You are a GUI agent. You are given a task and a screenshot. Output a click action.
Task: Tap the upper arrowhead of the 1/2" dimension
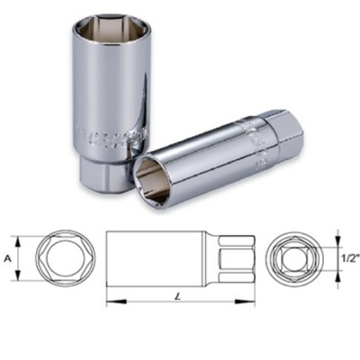[x=338, y=239]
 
